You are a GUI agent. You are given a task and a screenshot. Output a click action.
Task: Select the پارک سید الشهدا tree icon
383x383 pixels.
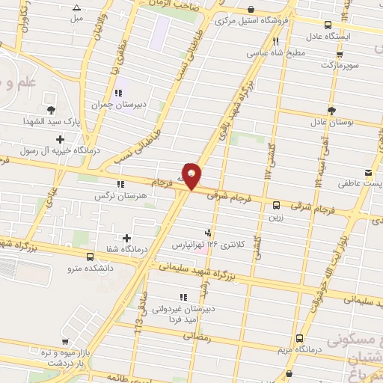point(50,110)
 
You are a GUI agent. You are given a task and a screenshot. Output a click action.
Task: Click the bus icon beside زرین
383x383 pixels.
point(276,204)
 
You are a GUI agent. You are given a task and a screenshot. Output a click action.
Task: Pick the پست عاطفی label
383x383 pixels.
point(351,183)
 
